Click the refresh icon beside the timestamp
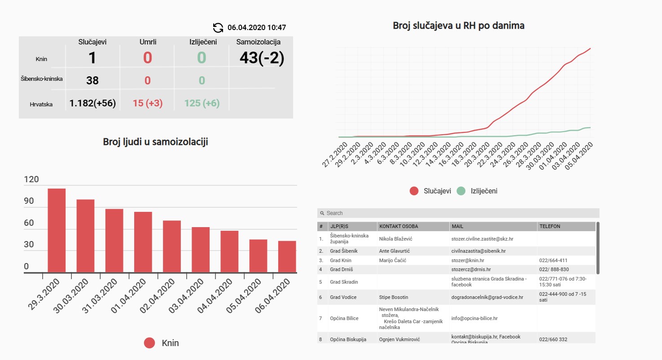[218, 27]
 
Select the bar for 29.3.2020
[57, 230]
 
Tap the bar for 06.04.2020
[287, 256]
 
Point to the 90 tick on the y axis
[29, 201]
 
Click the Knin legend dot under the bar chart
[149, 343]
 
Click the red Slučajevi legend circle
[414, 191]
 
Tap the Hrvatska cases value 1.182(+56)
[92, 103]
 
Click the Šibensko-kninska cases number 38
[92, 80]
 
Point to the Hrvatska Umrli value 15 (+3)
[148, 103]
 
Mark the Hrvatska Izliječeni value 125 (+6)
[202, 103]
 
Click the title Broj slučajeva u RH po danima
[459, 26]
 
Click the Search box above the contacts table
[458, 213]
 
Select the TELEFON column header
[550, 226]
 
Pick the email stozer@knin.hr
[468, 260]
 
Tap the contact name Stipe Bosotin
[394, 297]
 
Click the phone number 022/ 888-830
[554, 269]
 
